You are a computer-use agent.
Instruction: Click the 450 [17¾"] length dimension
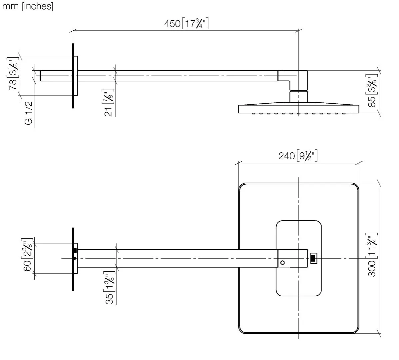[x=186, y=24]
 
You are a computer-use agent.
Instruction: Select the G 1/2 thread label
[x=29, y=113]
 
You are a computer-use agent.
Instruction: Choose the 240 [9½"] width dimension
[x=298, y=156]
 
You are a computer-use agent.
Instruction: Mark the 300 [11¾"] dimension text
[x=372, y=254]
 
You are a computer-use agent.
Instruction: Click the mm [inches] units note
[x=27, y=6]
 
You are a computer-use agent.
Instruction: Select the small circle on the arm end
[x=282, y=263]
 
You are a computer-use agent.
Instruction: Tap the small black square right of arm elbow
[x=313, y=258]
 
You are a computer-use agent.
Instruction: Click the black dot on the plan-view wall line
[x=75, y=258]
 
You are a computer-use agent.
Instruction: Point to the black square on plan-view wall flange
[x=75, y=250]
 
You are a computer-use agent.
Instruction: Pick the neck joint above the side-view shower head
[x=298, y=97]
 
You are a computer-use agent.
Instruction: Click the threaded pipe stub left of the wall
[x=56, y=76]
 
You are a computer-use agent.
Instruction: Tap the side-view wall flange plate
[x=76, y=76]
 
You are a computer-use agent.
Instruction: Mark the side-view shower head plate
[x=299, y=109]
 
